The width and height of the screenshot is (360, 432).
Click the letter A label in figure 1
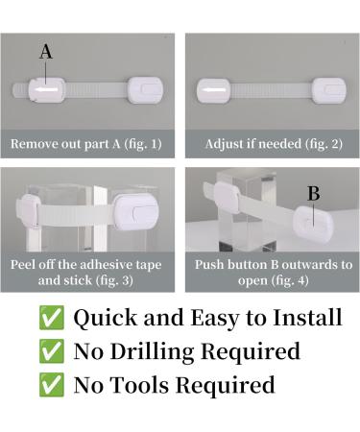pos(46,52)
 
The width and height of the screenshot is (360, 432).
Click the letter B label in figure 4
pos(313,193)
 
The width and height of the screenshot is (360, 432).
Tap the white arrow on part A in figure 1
pos(47,90)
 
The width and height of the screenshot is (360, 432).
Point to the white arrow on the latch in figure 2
pos(213,91)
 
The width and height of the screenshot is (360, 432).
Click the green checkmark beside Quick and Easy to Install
pos(52,318)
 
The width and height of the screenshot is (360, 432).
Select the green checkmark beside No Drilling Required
pos(52,351)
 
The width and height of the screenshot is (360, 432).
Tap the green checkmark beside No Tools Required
pos(52,385)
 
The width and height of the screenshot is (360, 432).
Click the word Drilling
pos(152,352)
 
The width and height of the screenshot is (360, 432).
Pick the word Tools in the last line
pos(139,384)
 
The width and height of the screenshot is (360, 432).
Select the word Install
pos(307,318)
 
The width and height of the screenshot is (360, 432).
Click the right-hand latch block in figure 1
pos(146,90)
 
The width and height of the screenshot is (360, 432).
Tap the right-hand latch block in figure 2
pos(329,90)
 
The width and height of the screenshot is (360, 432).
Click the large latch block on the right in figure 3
pos(136,212)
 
